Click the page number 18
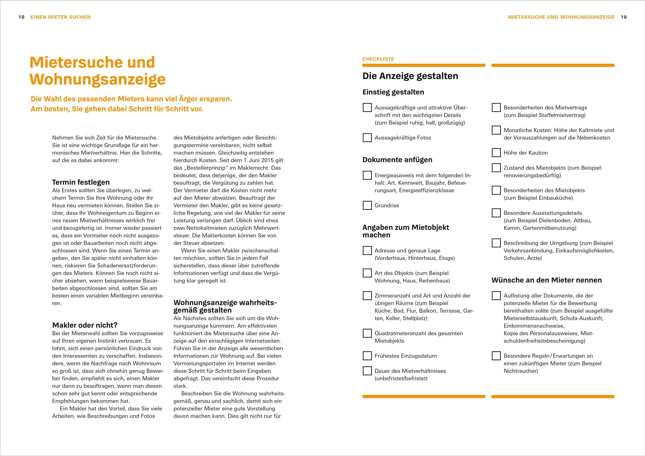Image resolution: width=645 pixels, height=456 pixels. [22, 17]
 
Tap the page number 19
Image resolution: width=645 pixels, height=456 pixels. [624, 17]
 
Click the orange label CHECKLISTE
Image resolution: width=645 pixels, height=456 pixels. [378, 59]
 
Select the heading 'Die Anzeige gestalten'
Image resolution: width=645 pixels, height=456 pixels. [410, 76]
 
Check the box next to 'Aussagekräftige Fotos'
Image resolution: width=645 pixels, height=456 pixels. [367, 138]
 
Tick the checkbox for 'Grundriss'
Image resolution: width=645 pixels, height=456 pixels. [367, 205]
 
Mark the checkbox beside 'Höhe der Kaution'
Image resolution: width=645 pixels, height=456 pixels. [496, 153]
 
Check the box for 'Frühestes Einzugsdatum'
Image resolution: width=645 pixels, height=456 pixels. [367, 356]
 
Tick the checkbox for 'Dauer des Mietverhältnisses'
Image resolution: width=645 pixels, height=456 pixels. [367, 371]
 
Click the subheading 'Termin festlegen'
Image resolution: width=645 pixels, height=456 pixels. [81, 182]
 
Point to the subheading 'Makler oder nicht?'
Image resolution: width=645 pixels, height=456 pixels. [85, 325]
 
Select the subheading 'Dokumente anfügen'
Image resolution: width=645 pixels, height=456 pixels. [397, 160]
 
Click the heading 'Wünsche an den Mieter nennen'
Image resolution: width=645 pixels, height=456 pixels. [546, 280]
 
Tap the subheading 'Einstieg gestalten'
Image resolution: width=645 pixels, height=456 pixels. [393, 92]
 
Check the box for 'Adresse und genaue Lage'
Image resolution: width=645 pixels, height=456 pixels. [367, 250]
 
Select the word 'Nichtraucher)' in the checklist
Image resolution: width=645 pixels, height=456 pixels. [521, 371]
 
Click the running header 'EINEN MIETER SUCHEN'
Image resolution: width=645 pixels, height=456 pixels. [61, 17]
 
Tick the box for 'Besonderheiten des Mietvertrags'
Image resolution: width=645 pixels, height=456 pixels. [496, 107]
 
